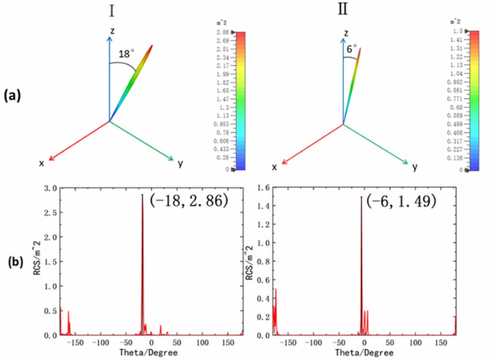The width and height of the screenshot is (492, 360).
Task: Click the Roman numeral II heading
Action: (x=343, y=10)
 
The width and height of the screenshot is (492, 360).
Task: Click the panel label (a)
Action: (x=12, y=96)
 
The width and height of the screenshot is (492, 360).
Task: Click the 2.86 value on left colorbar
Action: (x=222, y=32)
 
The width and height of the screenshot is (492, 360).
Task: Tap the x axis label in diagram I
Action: (x=42, y=163)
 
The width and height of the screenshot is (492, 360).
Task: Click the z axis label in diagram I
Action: (x=112, y=30)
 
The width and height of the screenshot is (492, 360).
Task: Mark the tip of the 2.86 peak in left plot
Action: (x=142, y=195)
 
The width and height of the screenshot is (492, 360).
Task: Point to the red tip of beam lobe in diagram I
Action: (x=152, y=46)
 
